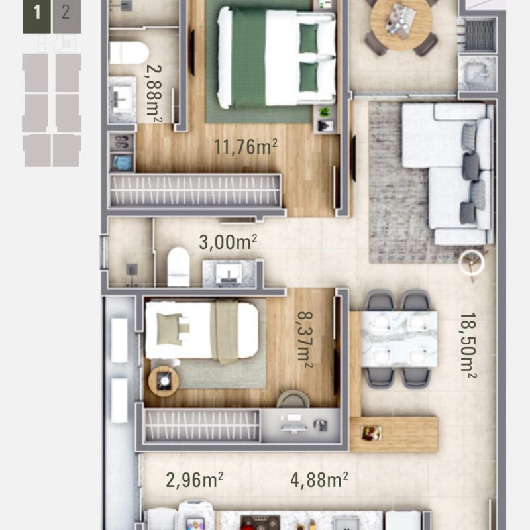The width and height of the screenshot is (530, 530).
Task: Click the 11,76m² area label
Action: pos(245,146)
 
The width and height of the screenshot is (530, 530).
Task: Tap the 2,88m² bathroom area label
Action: pos(155,101)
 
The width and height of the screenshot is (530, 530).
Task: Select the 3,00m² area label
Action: pos(228,242)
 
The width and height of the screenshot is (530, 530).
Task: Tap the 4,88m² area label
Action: pos(319,479)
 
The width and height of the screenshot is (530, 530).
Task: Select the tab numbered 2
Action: pos(65,13)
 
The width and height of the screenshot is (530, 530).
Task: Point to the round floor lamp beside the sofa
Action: pos(472,262)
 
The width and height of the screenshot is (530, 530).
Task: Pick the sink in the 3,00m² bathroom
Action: pos(229,272)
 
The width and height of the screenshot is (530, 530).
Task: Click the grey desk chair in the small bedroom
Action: pos(292,399)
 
